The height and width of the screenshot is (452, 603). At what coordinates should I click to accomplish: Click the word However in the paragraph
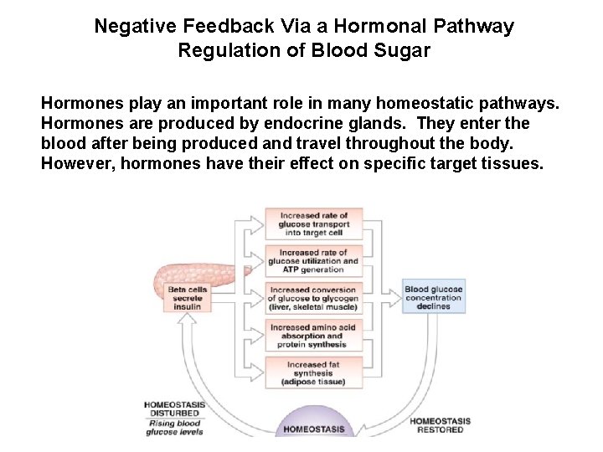tap(77, 162)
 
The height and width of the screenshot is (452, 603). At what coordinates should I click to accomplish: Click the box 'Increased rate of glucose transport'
tap(313, 223)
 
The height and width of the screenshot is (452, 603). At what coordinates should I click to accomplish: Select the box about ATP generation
tap(313, 260)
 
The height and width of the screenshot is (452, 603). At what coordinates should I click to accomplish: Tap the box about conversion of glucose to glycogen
tap(313, 298)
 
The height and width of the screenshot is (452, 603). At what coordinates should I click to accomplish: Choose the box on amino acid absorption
tap(313, 336)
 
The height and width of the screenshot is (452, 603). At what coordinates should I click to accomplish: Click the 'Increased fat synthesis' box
tap(313, 373)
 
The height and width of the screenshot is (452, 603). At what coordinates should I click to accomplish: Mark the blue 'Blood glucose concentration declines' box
tap(433, 298)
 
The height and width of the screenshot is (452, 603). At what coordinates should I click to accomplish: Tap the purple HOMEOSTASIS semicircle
tap(314, 423)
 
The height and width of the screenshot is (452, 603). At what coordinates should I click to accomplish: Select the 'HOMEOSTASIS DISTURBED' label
tap(173, 408)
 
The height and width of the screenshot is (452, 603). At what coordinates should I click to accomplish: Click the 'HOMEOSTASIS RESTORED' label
tap(440, 425)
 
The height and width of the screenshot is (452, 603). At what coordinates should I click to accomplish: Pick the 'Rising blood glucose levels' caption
tap(173, 427)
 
